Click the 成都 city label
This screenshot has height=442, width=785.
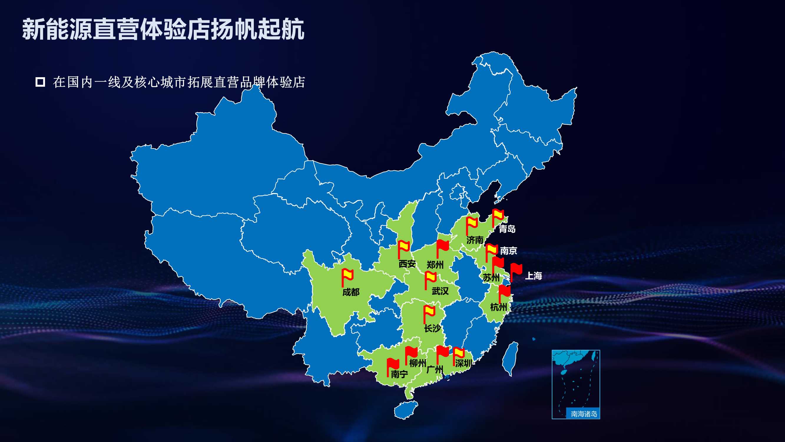pyautogui.click(x=351, y=292)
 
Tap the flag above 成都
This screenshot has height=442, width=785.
pyautogui.click(x=347, y=276)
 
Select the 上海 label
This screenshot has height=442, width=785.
pyautogui.click(x=533, y=276)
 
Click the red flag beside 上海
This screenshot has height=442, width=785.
pyautogui.click(x=516, y=270)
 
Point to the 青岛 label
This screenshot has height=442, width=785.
pyautogui.click(x=507, y=229)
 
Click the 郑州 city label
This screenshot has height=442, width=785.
pyautogui.click(x=435, y=265)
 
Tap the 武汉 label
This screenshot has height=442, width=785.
pyautogui.click(x=440, y=291)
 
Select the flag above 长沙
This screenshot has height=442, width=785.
pyautogui.click(x=429, y=313)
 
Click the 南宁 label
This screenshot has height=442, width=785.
pyautogui.click(x=399, y=374)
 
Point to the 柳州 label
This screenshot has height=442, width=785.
pyautogui.click(x=418, y=363)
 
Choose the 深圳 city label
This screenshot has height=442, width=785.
pyautogui.click(x=463, y=363)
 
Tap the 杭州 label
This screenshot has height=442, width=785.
pyautogui.click(x=499, y=307)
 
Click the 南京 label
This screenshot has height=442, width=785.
pyautogui.click(x=509, y=251)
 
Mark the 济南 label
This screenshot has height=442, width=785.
pyautogui.click(x=475, y=240)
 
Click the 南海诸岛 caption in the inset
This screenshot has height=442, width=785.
pyautogui.click(x=584, y=414)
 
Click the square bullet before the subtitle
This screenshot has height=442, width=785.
pyautogui.click(x=40, y=82)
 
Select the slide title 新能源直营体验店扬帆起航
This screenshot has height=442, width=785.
pyautogui.click(x=163, y=29)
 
